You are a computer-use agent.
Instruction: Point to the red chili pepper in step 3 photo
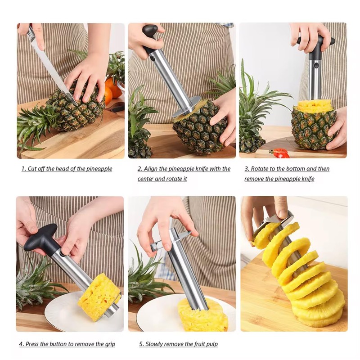280,153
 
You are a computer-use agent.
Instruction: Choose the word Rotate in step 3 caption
261,169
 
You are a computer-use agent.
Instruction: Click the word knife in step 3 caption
306,179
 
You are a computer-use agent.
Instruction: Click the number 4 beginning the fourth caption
21,344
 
